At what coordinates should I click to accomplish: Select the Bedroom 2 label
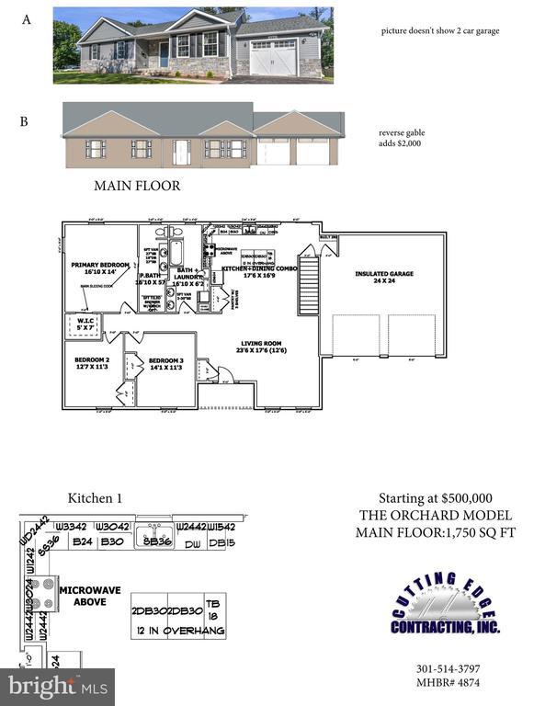pyautogui.click(x=92, y=363)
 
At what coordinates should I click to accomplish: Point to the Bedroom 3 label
pyautogui.click(x=166, y=363)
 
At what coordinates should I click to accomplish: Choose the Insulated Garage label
pyautogui.click(x=384, y=277)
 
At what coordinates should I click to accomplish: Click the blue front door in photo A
pyautogui.click(x=164, y=54)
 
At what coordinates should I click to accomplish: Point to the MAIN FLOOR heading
pyautogui.click(x=137, y=186)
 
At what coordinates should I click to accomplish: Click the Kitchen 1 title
pyautogui.click(x=95, y=499)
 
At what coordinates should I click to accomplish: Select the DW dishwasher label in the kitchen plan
pyautogui.click(x=193, y=543)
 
